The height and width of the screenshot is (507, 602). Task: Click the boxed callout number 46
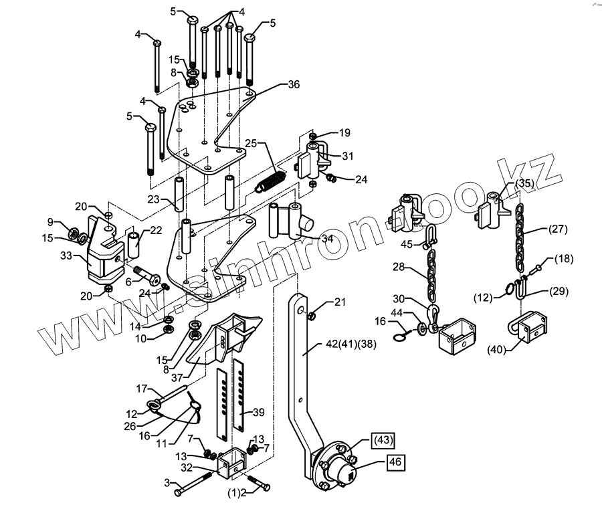pyautogui.click(x=393, y=461)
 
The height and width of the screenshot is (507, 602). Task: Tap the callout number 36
pyautogui.click(x=294, y=85)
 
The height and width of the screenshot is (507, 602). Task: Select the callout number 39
pyautogui.click(x=258, y=411)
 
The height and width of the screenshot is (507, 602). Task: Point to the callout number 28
pyautogui.click(x=399, y=267)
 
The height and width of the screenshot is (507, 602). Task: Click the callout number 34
pyautogui.click(x=327, y=237)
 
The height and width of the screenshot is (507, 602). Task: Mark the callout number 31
pyautogui.click(x=347, y=157)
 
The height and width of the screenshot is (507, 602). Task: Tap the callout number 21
pyautogui.click(x=340, y=303)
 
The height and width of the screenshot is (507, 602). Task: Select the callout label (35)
pyautogui.click(x=524, y=183)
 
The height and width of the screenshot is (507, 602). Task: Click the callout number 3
pyautogui.click(x=167, y=482)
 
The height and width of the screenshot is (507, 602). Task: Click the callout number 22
pyautogui.click(x=155, y=231)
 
